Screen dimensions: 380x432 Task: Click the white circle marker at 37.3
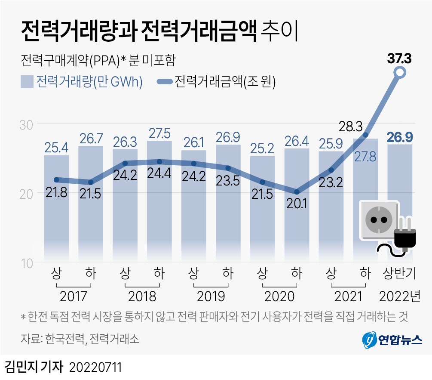coord(399,73)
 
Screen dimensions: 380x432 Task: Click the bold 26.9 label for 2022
coord(400,137)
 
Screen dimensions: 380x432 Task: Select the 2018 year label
coord(142,297)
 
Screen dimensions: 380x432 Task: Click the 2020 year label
coord(279,297)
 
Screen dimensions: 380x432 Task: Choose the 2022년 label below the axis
coord(400,297)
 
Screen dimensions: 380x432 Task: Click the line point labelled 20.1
coord(297,192)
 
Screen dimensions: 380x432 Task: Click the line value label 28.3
coord(351,127)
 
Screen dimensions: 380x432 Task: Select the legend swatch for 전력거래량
coord(27,81)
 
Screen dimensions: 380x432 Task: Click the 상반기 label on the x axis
coord(400,274)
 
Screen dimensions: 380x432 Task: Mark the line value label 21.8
coord(56,192)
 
